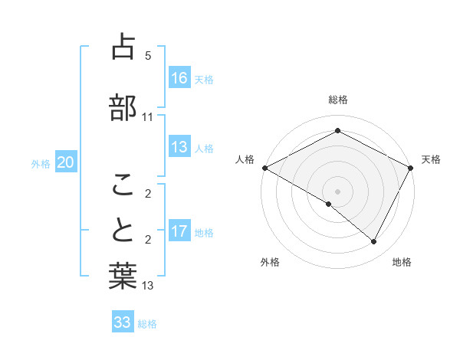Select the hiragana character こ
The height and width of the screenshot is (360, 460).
[x=123, y=184]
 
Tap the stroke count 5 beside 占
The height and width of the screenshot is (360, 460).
[x=148, y=56]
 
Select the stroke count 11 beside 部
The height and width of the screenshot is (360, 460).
[x=148, y=117]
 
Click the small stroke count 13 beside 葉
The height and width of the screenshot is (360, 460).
[x=148, y=286]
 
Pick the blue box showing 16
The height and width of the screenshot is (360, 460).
[x=179, y=77]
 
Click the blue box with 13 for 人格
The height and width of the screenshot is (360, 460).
[x=179, y=147]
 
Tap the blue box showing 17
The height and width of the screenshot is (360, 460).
[x=179, y=231]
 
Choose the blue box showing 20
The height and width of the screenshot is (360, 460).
[x=66, y=162]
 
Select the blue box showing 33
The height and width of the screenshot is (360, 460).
[x=123, y=322]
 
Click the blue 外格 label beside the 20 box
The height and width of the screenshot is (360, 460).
[x=41, y=163]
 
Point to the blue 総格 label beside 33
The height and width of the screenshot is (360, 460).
[x=148, y=324]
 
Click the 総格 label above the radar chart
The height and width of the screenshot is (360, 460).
[x=337, y=100]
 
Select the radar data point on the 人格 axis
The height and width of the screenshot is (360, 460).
[x=264, y=168]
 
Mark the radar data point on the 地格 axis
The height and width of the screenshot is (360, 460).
[x=374, y=242]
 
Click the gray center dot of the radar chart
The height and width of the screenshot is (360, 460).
[x=337, y=191]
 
